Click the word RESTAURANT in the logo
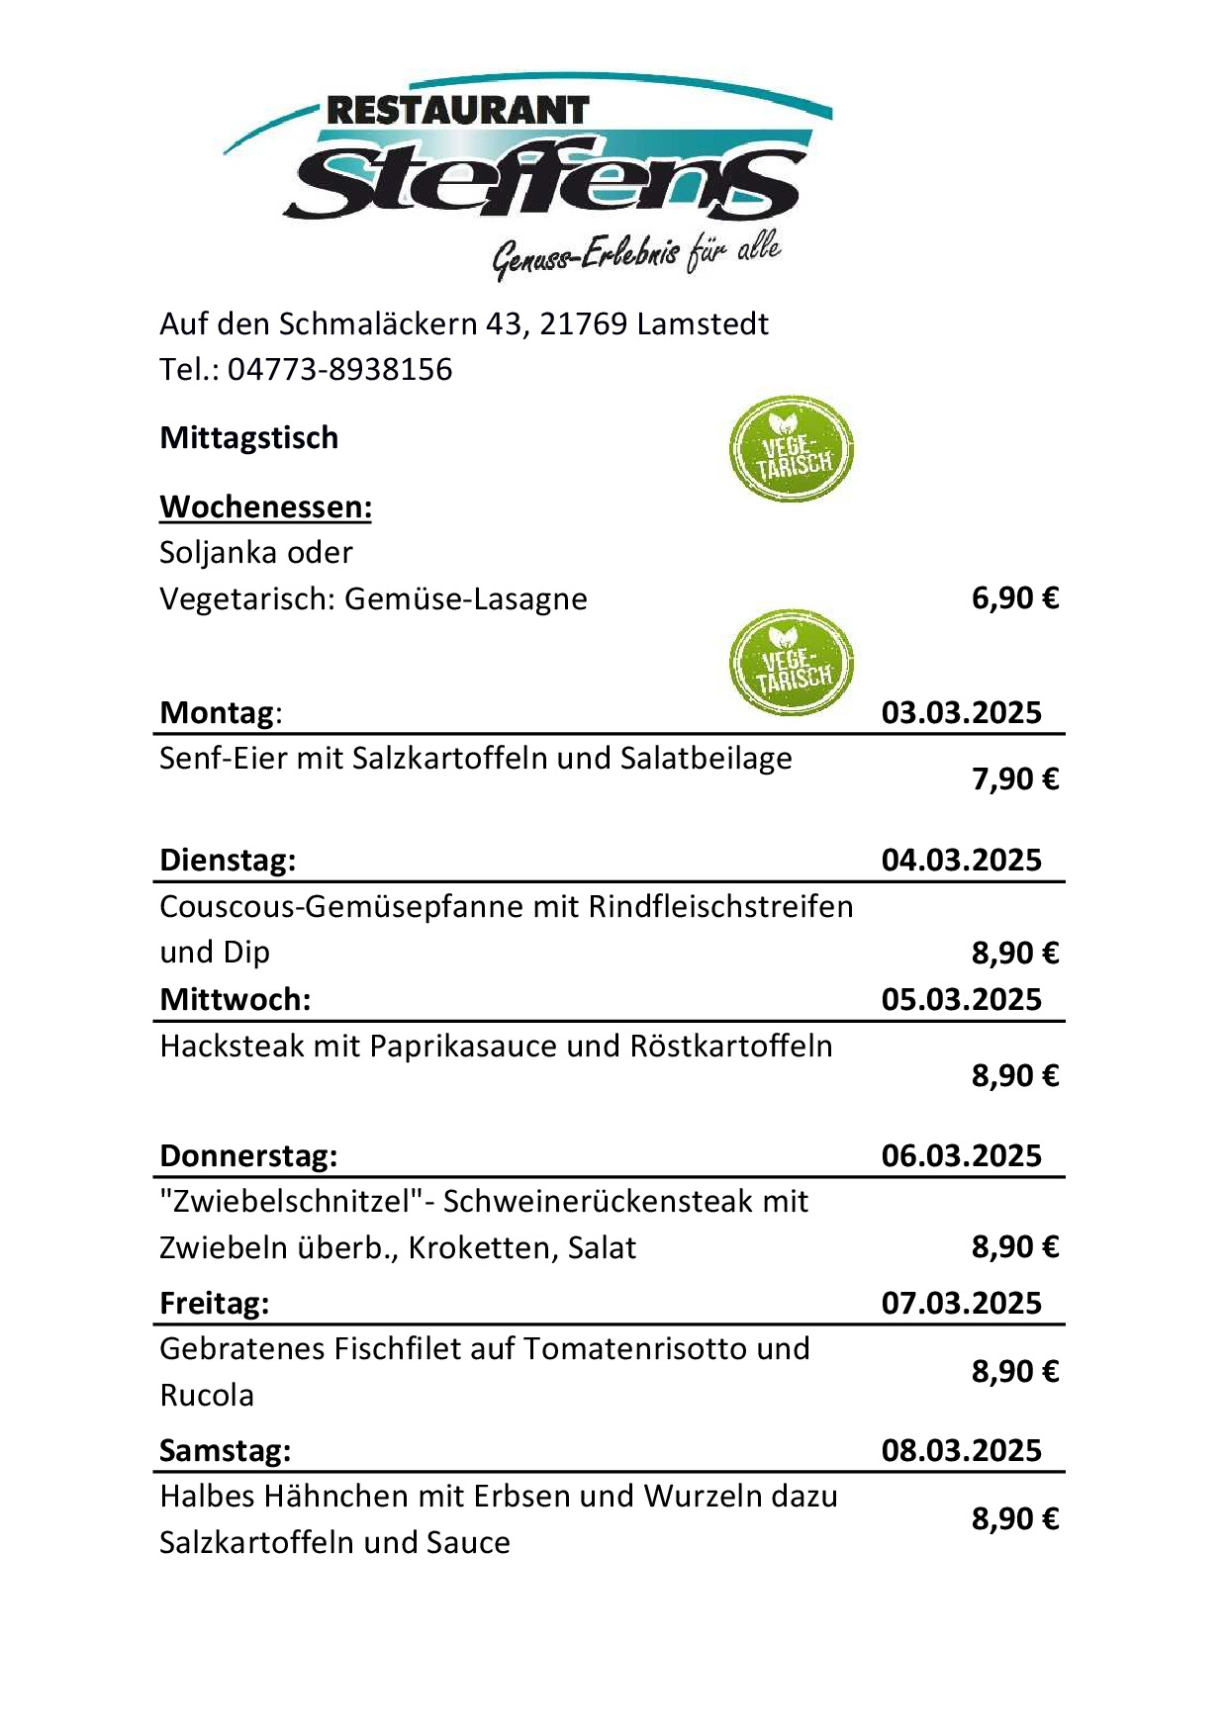coord(457,111)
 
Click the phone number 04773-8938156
coord(339,370)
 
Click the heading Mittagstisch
coord(249,437)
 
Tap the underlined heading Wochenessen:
coord(265,506)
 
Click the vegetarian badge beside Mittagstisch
coord(791,449)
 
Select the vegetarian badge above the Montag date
coord(791,662)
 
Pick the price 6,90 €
coord(1014,598)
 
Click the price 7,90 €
coord(1014,779)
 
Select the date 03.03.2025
coord(961,712)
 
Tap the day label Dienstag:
coord(228,860)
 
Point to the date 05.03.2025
coord(961,999)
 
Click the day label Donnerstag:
coord(248,1155)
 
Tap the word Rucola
coord(207,1395)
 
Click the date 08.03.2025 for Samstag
coord(961,1450)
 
